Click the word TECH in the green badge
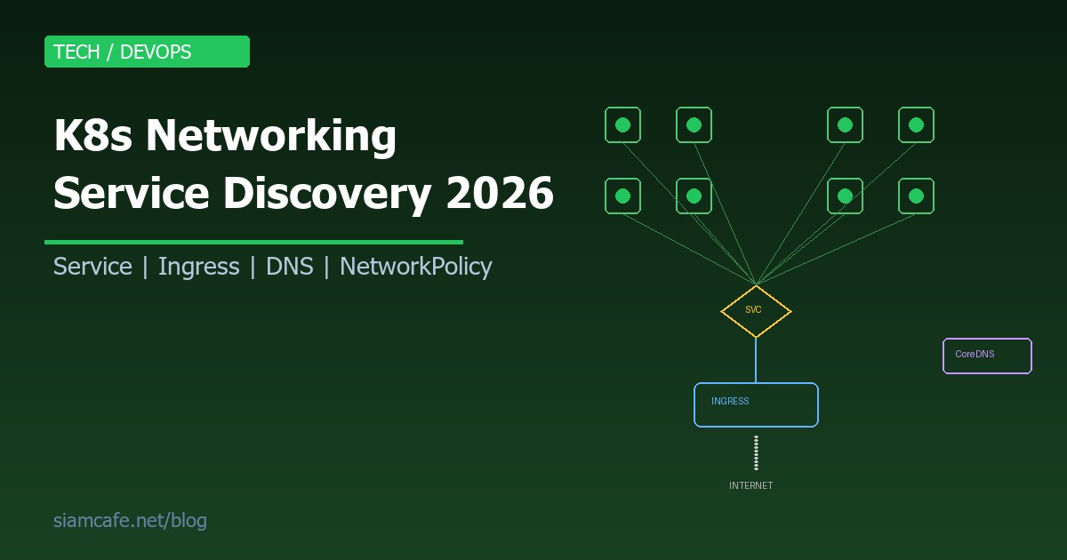[x=76, y=52]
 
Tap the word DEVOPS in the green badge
[x=156, y=52]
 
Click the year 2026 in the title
[x=500, y=193]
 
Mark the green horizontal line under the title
[x=253, y=242]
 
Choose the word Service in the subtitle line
[x=92, y=267]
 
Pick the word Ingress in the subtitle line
[x=199, y=267]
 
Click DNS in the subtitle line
[x=290, y=267]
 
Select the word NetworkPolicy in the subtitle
[x=416, y=267]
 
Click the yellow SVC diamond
[x=755, y=311]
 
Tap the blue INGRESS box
[x=756, y=405]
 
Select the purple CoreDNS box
[x=987, y=356]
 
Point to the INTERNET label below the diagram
[x=751, y=486]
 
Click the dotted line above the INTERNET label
[x=756, y=452]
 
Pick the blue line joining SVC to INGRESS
[x=756, y=360]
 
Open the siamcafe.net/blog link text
[x=130, y=521]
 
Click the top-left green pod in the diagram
[x=622, y=125]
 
